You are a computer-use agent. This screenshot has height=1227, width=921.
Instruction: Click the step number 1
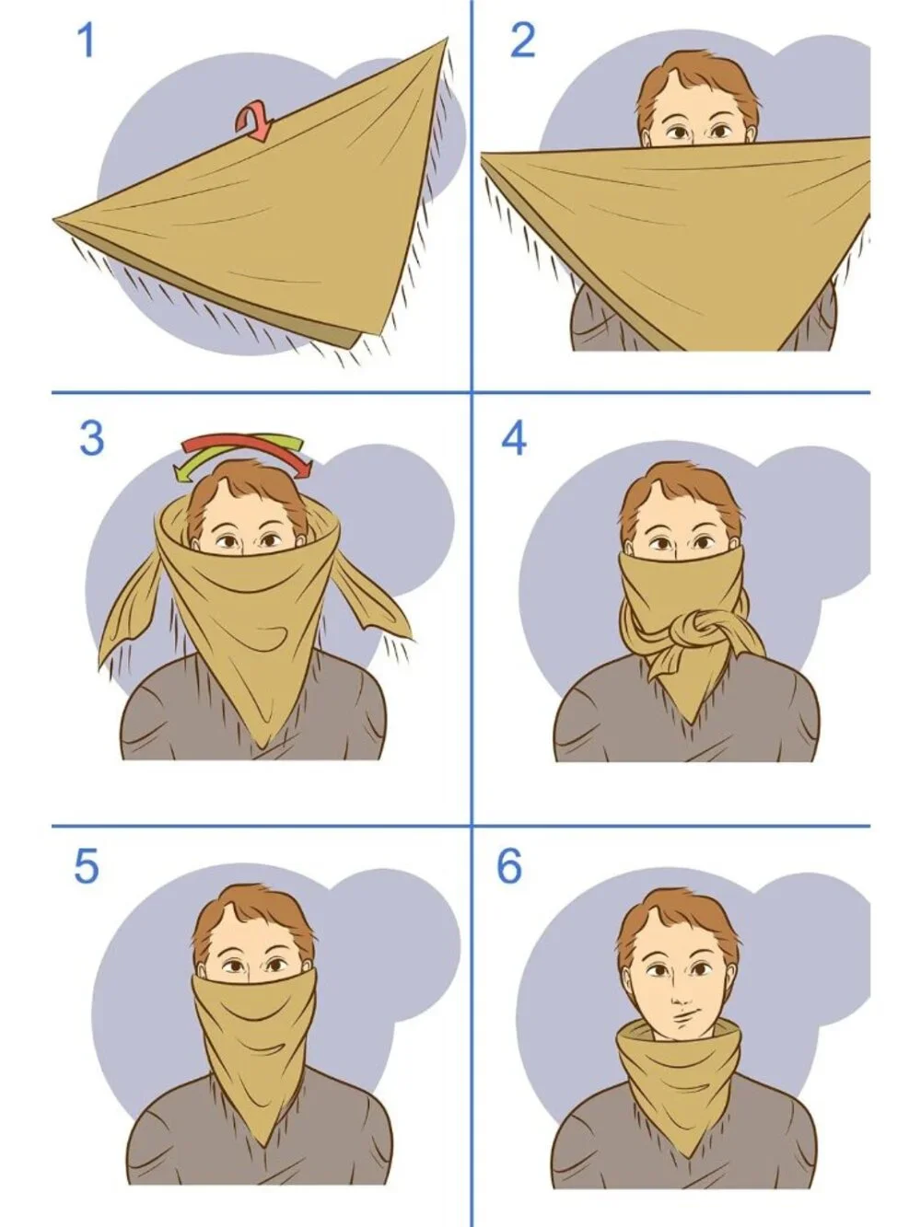(87, 41)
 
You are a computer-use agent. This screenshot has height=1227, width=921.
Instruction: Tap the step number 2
(522, 41)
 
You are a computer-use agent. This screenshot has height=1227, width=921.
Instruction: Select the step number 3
(92, 438)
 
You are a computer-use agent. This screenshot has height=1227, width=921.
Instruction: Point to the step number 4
(513, 438)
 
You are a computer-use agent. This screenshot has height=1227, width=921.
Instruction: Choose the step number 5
(87, 866)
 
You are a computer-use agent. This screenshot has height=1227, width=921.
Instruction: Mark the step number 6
(509, 866)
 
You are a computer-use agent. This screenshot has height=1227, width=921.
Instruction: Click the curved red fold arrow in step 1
(253, 122)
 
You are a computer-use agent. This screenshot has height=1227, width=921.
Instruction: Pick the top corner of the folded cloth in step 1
(448, 38)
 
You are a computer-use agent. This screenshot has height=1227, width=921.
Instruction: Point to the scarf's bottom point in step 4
(691, 723)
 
